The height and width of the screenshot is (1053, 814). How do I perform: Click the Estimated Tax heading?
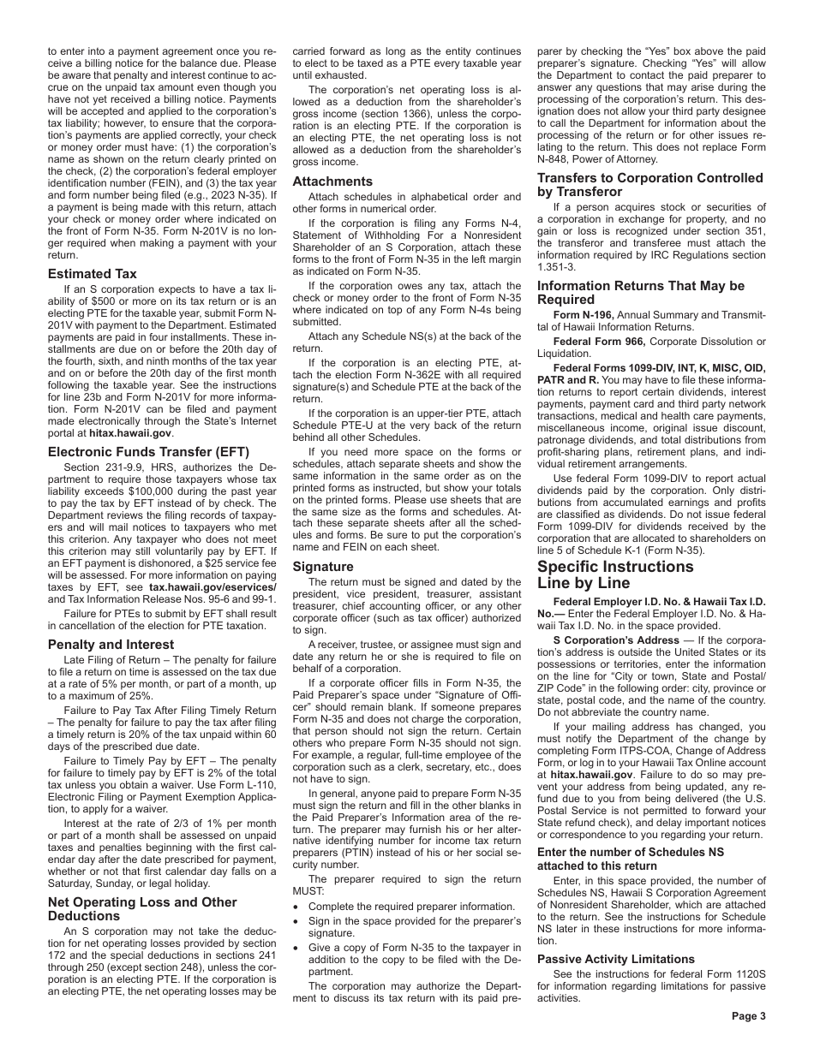click(x=93, y=274)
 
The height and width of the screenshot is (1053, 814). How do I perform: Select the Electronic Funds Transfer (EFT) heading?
click(x=148, y=452)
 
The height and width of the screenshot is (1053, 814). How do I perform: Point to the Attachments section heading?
click(x=332, y=181)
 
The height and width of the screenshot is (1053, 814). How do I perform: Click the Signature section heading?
click(x=323, y=566)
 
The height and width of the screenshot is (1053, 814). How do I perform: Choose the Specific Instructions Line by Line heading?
click(x=615, y=574)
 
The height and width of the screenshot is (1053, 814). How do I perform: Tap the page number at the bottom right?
click(x=748, y=1016)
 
